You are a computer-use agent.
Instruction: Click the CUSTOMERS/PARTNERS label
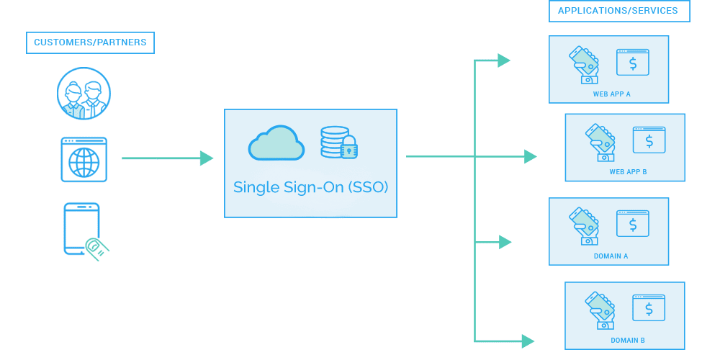click(90, 42)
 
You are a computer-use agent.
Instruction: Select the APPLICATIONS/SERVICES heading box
click(618, 11)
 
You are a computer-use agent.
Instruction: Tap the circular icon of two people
click(84, 94)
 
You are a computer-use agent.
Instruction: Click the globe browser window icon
click(84, 159)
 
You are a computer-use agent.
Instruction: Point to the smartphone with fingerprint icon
click(84, 229)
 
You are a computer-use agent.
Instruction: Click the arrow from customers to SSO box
click(167, 158)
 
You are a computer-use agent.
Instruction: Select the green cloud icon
click(276, 143)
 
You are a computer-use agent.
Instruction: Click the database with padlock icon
click(339, 142)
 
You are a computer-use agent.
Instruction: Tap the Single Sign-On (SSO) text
click(310, 187)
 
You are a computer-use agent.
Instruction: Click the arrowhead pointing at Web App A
click(503, 60)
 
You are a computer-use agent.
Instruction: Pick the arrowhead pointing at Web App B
click(530, 156)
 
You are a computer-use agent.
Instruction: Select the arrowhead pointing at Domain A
click(505, 242)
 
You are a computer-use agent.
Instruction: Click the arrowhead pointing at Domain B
click(528, 341)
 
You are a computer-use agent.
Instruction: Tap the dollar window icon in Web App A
click(633, 63)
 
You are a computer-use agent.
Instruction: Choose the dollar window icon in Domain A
click(633, 225)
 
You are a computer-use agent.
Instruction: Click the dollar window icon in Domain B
click(649, 309)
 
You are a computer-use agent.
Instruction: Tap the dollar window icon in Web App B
click(649, 140)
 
